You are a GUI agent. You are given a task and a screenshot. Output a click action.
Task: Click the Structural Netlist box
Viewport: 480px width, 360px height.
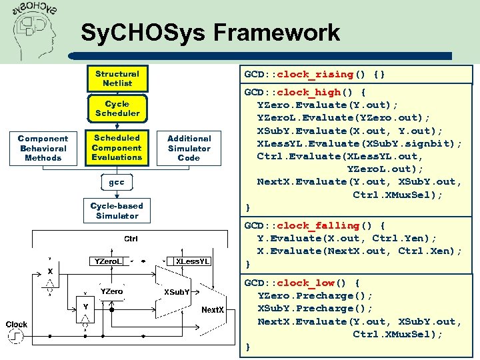(117, 79)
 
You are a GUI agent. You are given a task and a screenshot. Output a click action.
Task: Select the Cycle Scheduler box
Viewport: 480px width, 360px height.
(117, 109)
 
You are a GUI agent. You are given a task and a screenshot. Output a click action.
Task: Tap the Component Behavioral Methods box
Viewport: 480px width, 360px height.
(43, 148)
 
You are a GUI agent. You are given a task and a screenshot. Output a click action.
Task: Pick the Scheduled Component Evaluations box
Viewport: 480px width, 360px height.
(117, 148)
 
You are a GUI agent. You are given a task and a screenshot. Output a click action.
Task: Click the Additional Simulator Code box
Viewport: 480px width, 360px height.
(189, 148)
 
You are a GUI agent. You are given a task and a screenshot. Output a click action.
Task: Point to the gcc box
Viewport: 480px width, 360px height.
(117, 181)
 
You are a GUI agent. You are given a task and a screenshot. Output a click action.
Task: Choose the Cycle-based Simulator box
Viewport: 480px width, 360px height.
(117, 211)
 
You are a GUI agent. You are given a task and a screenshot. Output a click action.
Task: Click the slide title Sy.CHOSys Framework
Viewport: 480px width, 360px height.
(210, 32)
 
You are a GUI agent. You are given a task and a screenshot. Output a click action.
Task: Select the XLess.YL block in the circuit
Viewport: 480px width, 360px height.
(193, 261)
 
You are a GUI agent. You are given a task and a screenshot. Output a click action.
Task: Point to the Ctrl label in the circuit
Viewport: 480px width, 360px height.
(131, 239)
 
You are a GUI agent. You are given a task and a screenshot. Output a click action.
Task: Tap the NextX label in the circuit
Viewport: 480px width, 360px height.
(213, 309)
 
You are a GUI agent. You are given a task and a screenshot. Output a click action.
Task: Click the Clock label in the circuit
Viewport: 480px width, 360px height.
(16, 325)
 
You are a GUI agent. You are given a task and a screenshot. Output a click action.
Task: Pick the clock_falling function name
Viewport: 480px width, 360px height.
(318, 225)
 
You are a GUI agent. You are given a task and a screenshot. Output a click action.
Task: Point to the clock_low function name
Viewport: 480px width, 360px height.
(311, 283)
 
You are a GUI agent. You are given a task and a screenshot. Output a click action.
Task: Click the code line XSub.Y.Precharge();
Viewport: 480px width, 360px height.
(315, 308)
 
